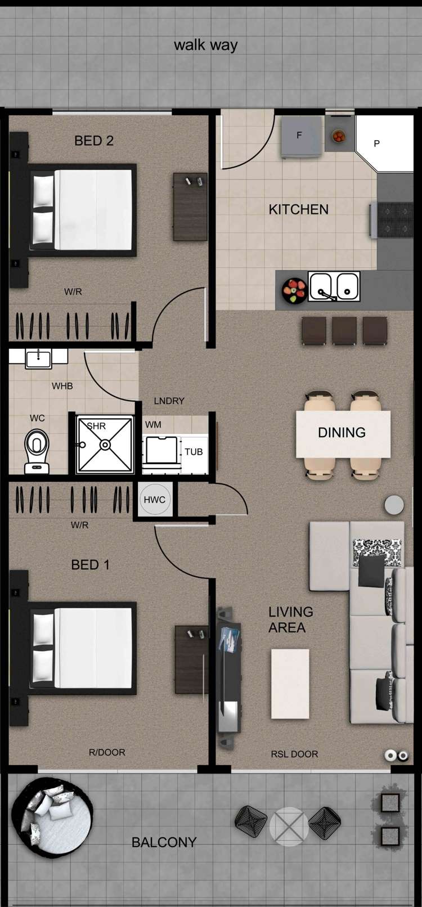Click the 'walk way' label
tap(205, 45)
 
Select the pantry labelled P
tap(383, 143)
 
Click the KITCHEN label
tap(298, 209)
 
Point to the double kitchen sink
tap(334, 286)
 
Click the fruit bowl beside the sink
tap(294, 290)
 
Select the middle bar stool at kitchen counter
tap(344, 330)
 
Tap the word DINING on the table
tap(342, 433)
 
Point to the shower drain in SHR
tap(105, 445)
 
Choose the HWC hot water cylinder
tap(154, 500)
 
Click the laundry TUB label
tap(194, 452)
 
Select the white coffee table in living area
tap(290, 684)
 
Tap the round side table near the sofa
tap(394, 505)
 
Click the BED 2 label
tap(94, 141)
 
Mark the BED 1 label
tap(90, 565)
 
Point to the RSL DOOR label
tap(294, 754)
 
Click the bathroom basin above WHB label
tap(38, 358)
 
